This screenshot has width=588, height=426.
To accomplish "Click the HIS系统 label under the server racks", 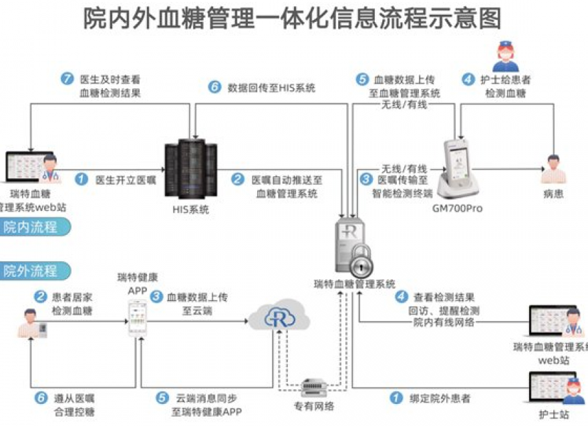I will point(190,210).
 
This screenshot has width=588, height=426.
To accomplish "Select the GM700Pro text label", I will point(457,208).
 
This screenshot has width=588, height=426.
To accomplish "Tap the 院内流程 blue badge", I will point(34,226).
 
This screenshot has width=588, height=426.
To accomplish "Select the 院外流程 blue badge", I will point(34,271).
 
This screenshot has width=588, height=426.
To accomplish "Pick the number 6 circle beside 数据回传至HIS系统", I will point(214,87).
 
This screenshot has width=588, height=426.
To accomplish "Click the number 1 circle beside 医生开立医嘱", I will point(82,179).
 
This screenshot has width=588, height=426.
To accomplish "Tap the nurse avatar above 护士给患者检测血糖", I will point(506,56).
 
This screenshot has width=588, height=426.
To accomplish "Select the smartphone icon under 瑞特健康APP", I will point(138,318).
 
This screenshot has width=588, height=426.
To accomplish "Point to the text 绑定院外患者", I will point(440,399).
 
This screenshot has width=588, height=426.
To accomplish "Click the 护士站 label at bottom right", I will point(552,415).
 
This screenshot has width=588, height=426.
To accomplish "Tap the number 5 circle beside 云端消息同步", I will point(162,399).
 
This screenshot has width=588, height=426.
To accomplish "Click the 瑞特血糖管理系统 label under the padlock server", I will point(355,284).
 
